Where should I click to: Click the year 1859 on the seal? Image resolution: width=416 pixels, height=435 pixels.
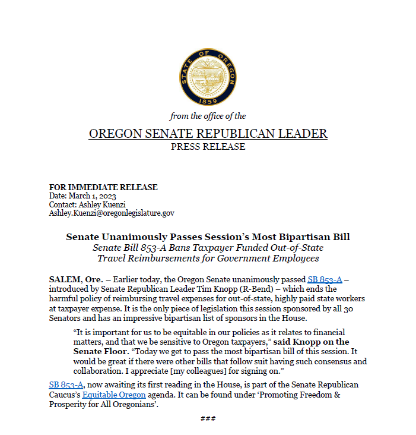tap(207, 99)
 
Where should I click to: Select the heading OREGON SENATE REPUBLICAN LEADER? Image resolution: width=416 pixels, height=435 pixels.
tap(208, 134)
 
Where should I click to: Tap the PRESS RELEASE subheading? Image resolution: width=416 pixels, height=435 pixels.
tap(208, 147)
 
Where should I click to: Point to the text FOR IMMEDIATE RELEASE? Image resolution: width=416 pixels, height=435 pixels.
tap(103, 187)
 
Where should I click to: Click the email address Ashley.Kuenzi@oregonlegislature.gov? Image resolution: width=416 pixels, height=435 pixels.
tap(111, 212)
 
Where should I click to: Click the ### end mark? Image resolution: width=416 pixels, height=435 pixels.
tap(208, 418)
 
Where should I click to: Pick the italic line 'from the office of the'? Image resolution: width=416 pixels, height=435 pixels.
tap(208, 116)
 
